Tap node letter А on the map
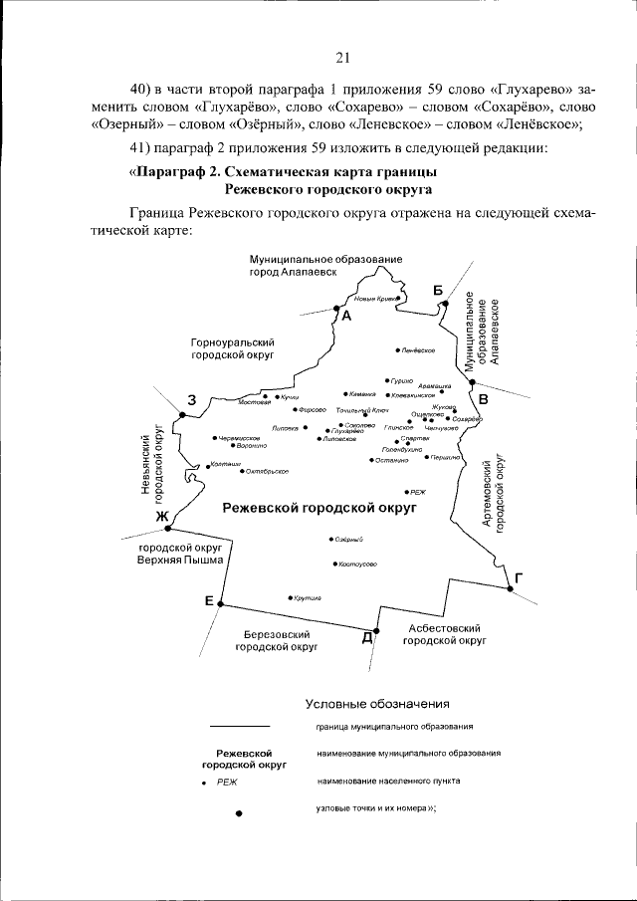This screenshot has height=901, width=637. [346, 317]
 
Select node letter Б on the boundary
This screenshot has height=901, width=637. [437, 290]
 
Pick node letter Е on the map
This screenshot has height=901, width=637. [209, 599]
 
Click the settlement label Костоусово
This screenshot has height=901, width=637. [356, 563]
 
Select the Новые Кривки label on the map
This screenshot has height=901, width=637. [376, 299]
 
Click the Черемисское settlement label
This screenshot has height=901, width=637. [239, 437]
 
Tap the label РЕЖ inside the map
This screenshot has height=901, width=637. [417, 492]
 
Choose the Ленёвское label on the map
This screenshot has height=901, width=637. [420, 350]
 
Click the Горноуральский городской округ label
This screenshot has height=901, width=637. [233, 347]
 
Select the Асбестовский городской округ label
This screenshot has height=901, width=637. [445, 635]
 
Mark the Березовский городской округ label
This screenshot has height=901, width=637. [277, 639]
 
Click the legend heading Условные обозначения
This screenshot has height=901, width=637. [378, 704]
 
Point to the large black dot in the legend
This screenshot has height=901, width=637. [239, 813]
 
